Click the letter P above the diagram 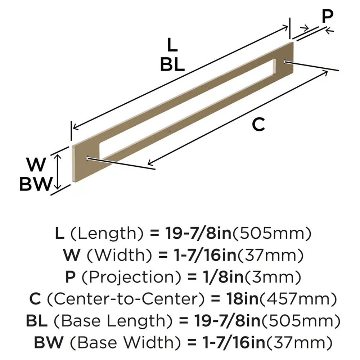click(327, 16)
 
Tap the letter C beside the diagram click(258, 125)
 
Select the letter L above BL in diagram click(172, 46)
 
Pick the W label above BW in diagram click(37, 165)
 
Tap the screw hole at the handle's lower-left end click(88, 157)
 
